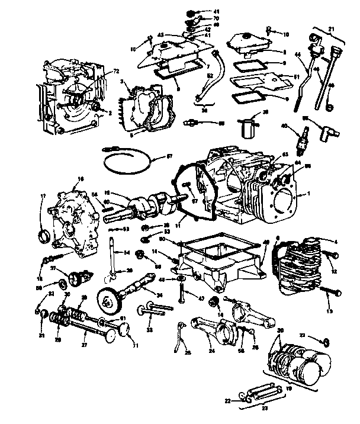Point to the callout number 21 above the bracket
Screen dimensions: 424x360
click(331, 30)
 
